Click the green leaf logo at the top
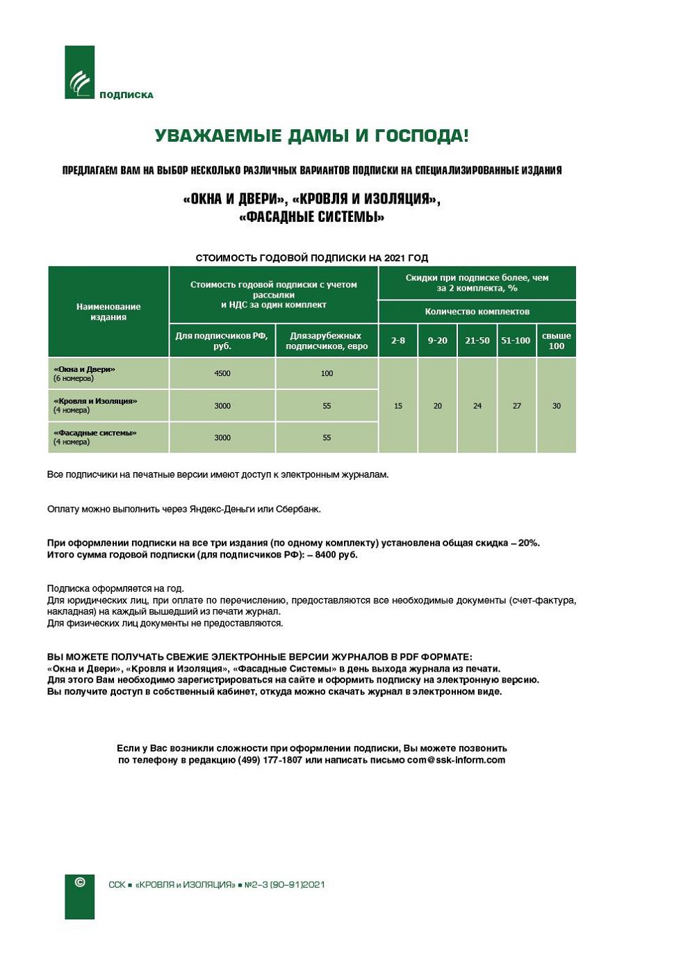[79, 73]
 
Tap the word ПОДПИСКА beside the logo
[126, 95]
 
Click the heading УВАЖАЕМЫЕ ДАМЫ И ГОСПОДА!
[311, 136]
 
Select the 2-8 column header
[398, 341]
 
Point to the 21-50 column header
[477, 341]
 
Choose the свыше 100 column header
[557, 341]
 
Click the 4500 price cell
[222, 373]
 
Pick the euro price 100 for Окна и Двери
[327, 373]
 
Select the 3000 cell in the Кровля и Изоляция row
[222, 406]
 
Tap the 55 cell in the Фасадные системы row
[327, 438]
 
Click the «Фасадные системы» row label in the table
[95, 433]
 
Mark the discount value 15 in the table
[398, 406]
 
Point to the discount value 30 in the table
[557, 406]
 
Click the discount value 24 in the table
[477, 406]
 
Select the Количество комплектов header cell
[477, 311]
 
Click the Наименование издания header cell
[108, 311]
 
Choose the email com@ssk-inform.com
[456, 760]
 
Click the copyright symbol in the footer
[80, 882]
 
